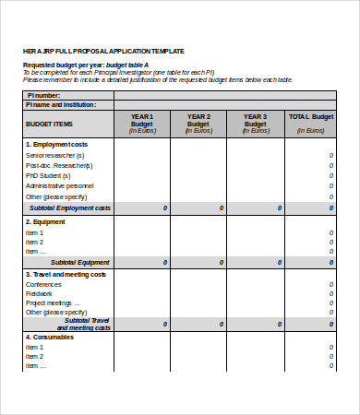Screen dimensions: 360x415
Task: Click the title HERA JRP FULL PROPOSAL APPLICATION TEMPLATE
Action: click(102, 51)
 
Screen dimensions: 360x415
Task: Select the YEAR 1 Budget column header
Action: click(142, 123)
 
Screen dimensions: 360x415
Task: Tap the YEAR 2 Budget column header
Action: click(198, 123)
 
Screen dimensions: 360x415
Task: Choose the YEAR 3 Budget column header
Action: click(256, 123)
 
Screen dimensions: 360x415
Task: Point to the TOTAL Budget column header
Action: click(311, 123)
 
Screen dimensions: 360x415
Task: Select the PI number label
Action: click(44, 95)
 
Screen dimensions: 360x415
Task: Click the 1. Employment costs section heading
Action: click(57, 144)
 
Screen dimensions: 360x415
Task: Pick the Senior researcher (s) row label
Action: click(55, 155)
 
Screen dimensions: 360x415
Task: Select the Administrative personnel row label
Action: click(60, 185)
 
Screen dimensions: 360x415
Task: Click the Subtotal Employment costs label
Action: click(70, 208)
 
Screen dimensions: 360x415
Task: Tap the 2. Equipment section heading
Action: click(46, 221)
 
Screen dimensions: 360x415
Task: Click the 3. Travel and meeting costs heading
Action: click(66, 275)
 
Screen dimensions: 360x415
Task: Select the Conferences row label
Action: click(44, 284)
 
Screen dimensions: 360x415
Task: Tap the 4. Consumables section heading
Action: click(51, 337)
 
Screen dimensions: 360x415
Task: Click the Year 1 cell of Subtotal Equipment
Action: click(142, 262)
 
